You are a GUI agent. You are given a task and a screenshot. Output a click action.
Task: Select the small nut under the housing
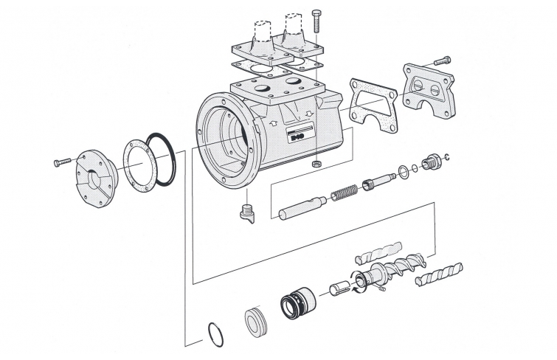316,161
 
